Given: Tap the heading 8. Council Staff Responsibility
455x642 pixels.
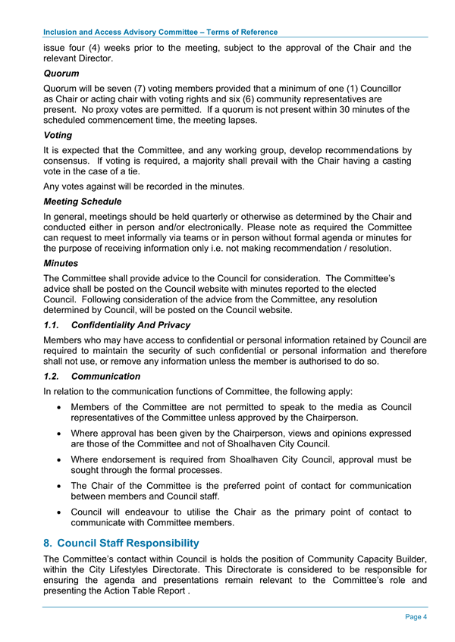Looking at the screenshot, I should [x=121, y=543].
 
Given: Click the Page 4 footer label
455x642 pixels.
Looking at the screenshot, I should [x=416, y=616].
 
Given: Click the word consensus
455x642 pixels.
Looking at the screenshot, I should [x=71, y=161].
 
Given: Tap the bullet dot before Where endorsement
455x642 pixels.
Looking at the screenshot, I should [x=60, y=459].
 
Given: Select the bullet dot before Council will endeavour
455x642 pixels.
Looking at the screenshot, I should [x=60, y=512].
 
